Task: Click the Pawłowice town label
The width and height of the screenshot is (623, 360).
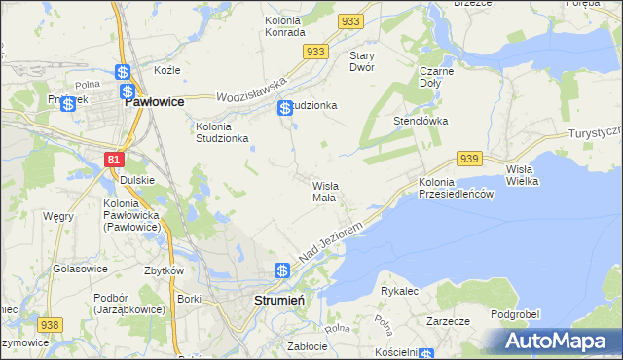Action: [x=155, y=99]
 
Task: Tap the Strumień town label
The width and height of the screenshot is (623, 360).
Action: [x=279, y=300]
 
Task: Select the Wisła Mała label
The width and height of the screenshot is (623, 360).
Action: [x=324, y=191]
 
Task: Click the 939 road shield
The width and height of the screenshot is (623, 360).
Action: [x=469, y=159]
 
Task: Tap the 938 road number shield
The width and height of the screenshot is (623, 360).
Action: [x=50, y=324]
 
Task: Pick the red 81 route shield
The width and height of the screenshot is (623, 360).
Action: [x=115, y=159]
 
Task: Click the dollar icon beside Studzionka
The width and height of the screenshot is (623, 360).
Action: [x=284, y=108]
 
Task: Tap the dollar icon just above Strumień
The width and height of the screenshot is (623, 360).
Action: [x=281, y=270]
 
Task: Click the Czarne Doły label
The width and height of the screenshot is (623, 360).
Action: [x=437, y=78]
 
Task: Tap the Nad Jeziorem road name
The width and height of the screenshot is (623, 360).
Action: [x=331, y=240]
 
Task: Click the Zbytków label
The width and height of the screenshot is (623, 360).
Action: [x=165, y=270]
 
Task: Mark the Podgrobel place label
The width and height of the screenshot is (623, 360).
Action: [x=515, y=314]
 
